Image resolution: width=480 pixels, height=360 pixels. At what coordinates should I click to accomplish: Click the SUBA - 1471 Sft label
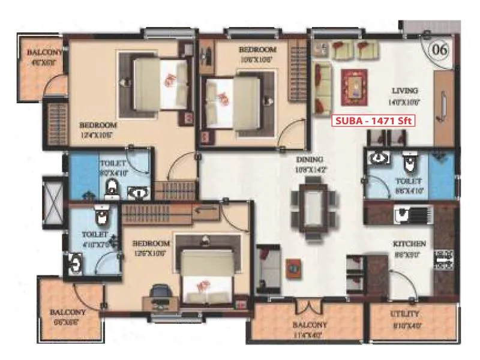click(x=374, y=120)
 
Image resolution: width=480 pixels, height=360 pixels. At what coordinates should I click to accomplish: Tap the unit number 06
click(x=439, y=49)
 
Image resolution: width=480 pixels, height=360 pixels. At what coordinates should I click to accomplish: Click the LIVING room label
click(x=404, y=91)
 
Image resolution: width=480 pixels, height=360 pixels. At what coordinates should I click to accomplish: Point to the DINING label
click(x=310, y=160)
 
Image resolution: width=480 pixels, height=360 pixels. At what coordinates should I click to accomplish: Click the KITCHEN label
click(x=409, y=244)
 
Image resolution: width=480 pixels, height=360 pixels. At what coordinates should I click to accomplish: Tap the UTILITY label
click(x=404, y=314)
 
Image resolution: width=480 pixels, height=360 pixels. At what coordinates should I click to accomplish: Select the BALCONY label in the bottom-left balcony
click(x=67, y=313)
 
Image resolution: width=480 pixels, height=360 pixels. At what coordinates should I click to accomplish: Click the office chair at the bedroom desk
click(x=159, y=292)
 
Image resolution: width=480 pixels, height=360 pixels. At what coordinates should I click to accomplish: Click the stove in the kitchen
click(x=443, y=258)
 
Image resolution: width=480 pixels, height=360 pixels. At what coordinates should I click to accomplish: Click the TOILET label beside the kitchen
click(x=409, y=181)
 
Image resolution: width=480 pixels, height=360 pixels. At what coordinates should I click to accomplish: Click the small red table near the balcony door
click(x=293, y=266)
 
